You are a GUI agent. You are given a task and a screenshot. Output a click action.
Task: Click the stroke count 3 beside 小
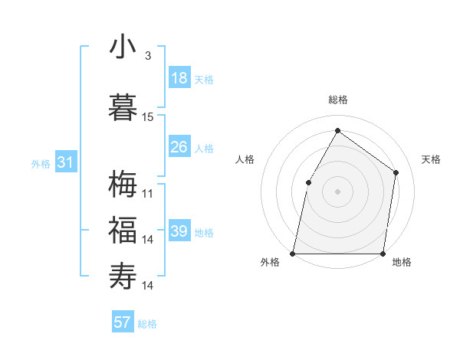point(148,56)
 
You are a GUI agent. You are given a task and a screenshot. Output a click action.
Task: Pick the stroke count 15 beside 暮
point(148,117)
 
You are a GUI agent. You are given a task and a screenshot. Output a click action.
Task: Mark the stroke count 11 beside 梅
point(148,194)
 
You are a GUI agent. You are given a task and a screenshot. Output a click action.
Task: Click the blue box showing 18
point(179,78)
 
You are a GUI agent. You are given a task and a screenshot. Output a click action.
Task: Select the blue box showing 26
point(179,147)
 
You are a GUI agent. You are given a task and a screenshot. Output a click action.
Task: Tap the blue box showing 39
point(179,231)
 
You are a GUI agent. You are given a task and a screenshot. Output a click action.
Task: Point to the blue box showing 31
point(65,162)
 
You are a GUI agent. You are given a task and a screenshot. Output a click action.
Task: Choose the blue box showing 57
point(123,322)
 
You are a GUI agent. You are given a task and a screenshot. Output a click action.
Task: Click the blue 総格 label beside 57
point(147,324)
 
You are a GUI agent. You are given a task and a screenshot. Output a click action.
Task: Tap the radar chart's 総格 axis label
point(337,100)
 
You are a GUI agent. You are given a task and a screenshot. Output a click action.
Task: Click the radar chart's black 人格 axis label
point(245,159)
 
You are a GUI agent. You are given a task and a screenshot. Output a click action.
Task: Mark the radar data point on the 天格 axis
point(396,172)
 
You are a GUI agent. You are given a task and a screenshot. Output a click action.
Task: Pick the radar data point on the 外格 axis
point(293,253)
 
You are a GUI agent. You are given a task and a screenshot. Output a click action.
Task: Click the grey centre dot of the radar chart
point(337,191)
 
